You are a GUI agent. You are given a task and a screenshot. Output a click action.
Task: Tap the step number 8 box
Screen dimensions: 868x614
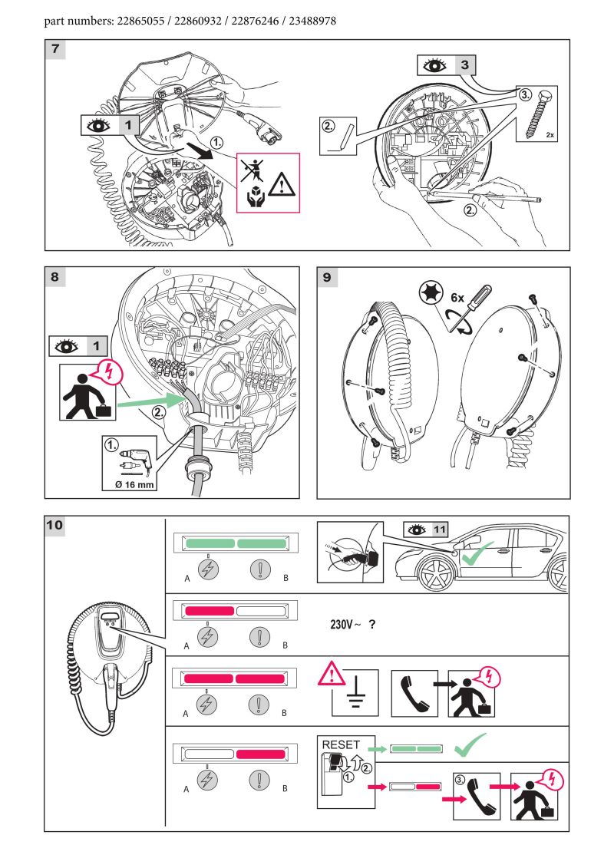[54, 277]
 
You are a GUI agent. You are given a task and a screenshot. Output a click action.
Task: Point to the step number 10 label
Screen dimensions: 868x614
[54, 526]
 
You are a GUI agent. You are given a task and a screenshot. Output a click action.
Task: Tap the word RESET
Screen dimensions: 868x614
[341, 745]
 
